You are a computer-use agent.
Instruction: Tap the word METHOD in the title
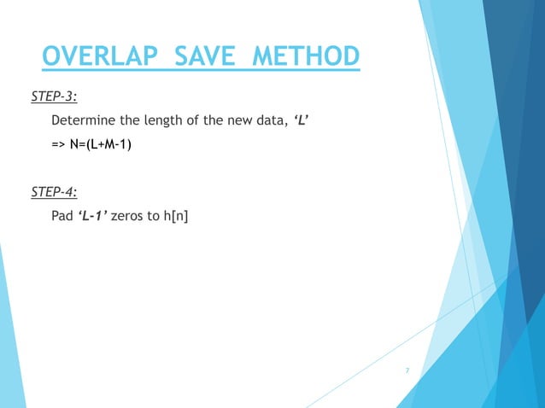click(307, 57)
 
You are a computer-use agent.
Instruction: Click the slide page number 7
click(407, 370)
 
